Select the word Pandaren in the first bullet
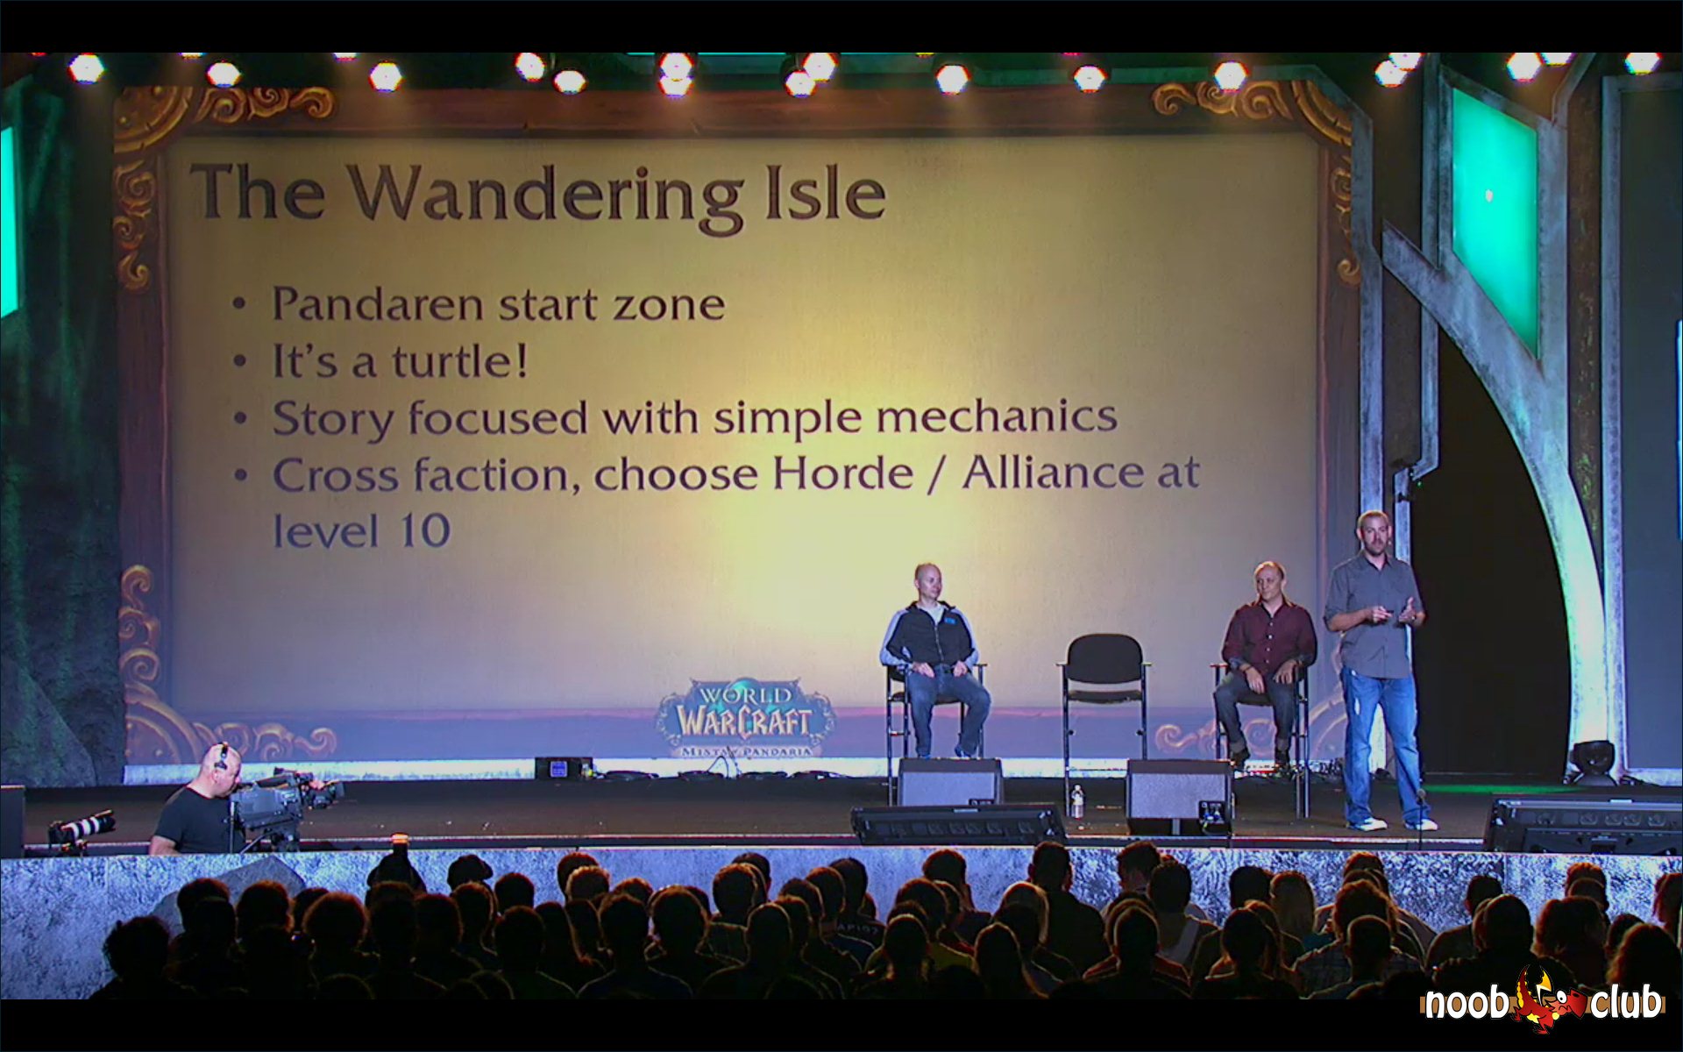377,304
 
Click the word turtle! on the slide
460,362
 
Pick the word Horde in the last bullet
842,473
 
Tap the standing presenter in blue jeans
1375,669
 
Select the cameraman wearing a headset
198,800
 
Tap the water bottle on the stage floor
1077,802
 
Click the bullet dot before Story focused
241,418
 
